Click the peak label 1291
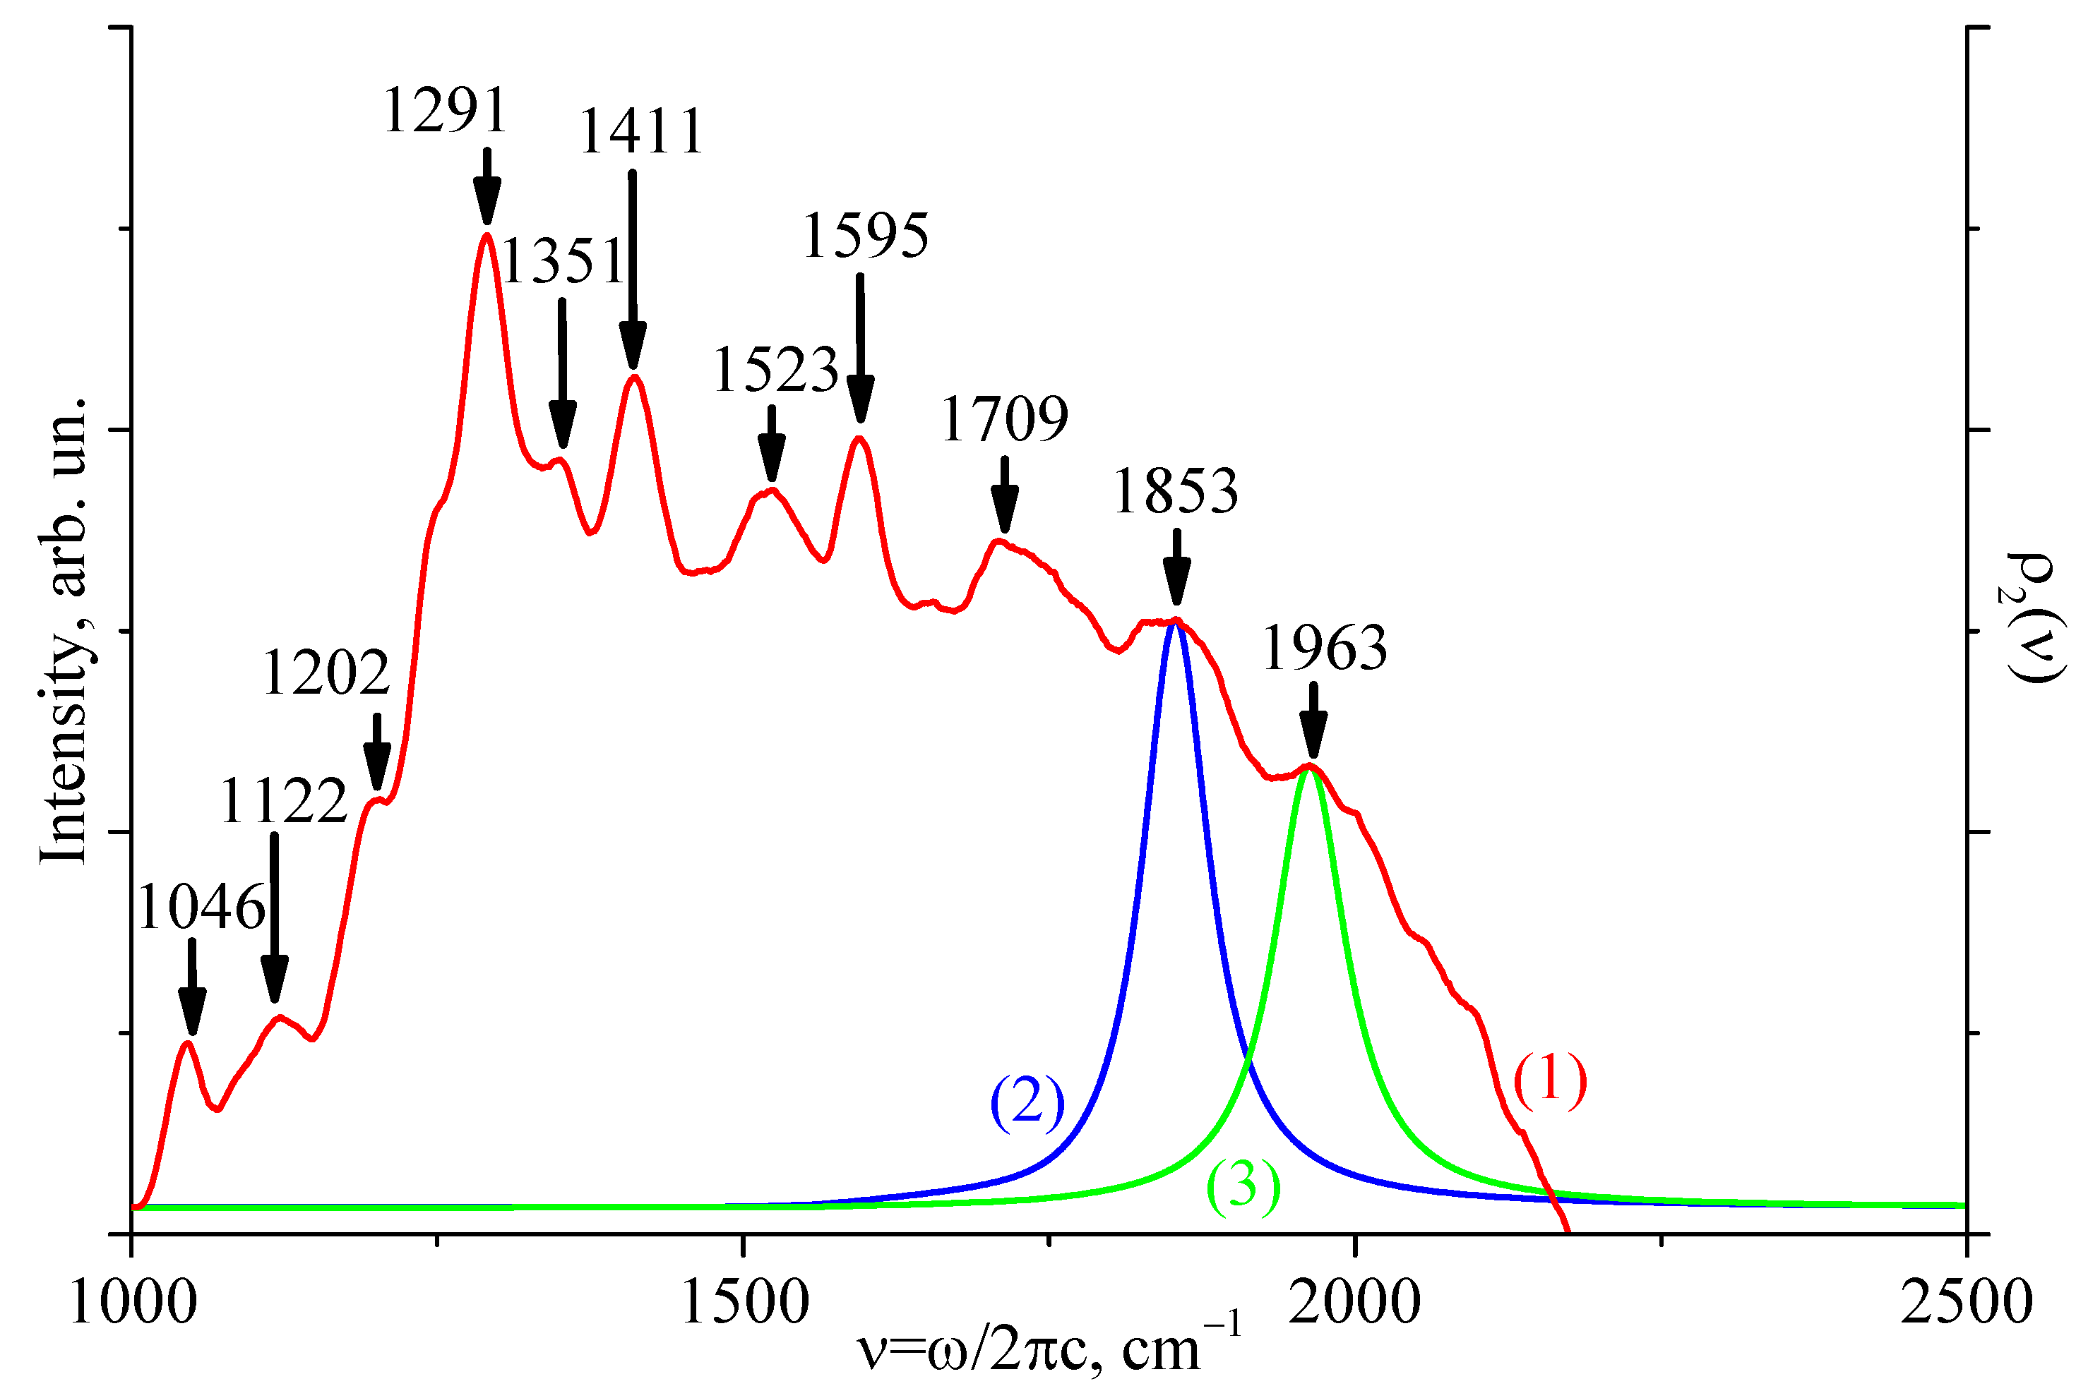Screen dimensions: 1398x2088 coord(445,112)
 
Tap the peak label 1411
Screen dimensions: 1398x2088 coord(641,132)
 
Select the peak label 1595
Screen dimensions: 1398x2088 coord(865,237)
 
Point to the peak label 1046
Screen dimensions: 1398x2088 coord(201,908)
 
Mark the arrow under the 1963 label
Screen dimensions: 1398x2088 coord(1312,721)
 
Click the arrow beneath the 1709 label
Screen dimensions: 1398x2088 coord(1004,495)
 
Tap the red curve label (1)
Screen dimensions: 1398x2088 coord(1550,1080)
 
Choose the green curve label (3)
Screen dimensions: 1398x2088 coord(1243,1188)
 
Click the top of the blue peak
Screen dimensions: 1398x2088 coord(1176,623)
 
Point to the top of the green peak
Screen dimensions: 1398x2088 coord(1308,769)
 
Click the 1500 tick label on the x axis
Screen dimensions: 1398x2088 coord(744,1303)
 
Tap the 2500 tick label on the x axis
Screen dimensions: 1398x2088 coord(1966,1303)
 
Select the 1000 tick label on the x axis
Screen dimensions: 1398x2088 coord(132,1303)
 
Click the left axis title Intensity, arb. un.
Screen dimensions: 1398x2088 coord(64,630)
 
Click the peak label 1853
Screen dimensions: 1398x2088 coord(1175,491)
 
